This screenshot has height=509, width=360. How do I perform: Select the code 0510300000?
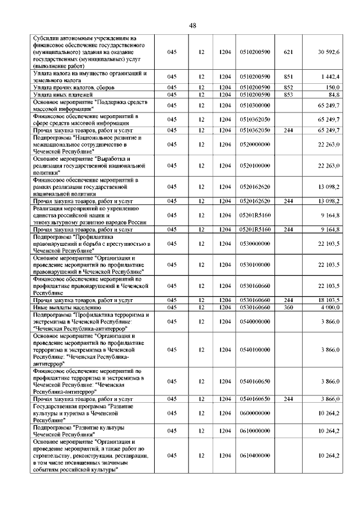coord(255,105)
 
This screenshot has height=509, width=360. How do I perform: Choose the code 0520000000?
coord(255,145)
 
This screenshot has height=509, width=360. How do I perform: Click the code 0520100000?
coord(255,166)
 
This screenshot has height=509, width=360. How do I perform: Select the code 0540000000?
coord(255,321)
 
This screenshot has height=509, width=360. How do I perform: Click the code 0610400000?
coord(255,455)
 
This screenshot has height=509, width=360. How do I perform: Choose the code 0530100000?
coord(255,264)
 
